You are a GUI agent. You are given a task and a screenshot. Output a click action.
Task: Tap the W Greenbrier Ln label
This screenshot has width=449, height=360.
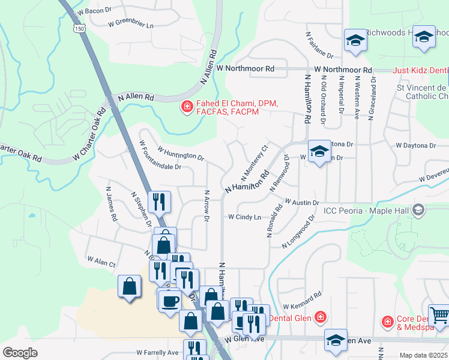point(131,25)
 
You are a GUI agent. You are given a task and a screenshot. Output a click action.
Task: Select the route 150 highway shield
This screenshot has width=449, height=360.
point(79,29)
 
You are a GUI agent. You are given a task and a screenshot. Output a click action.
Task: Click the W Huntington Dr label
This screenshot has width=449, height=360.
point(181,155)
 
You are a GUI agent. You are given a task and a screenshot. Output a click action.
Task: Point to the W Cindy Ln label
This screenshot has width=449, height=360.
point(244,217)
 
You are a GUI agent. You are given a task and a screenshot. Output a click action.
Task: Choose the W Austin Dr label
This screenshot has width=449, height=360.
point(301,203)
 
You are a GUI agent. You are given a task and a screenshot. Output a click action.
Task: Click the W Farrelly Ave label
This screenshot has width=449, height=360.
point(157,352)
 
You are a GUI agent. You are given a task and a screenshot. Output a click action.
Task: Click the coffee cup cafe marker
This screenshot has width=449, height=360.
point(169,299)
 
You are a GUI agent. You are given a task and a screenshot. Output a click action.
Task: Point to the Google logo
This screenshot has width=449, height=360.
point(20,353)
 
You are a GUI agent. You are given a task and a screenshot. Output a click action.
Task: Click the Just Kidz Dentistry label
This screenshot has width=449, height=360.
point(421,70)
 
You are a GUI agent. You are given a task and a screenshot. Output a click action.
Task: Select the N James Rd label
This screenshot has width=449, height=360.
point(110,203)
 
